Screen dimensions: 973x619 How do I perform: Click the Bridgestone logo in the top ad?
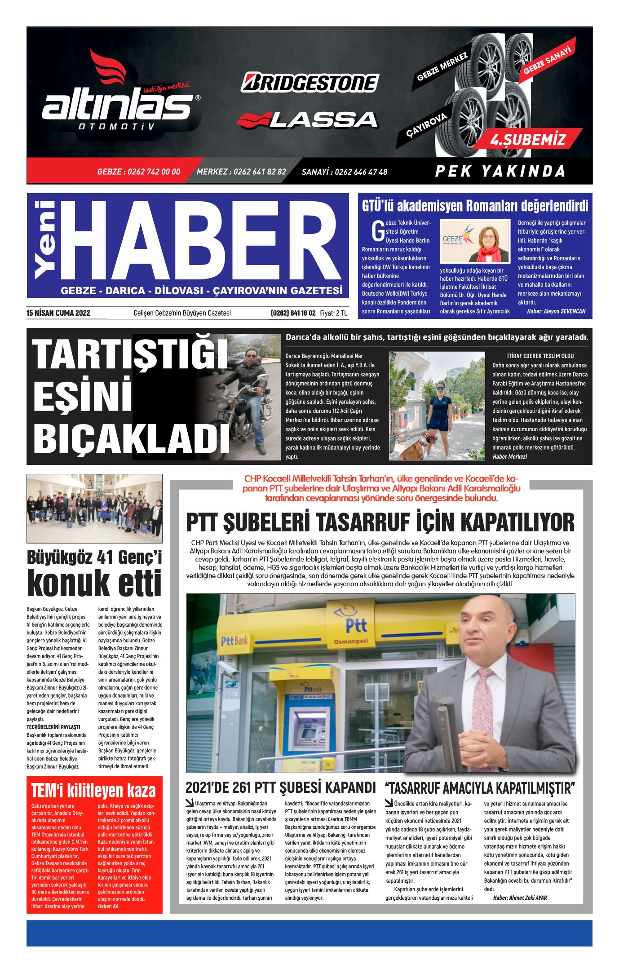coord(310,83)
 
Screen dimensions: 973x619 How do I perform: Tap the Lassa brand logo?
coord(307,119)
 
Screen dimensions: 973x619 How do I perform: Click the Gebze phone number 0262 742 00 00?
coord(138,172)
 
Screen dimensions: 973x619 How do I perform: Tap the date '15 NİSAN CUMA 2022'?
coord(58,313)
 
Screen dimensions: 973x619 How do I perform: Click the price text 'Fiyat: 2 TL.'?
coord(334,313)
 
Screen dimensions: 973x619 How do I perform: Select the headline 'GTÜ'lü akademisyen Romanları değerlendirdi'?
coord(475,206)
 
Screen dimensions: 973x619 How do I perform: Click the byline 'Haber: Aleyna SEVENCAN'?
coord(556,311)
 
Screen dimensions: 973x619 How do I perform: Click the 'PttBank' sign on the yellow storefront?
coord(234,640)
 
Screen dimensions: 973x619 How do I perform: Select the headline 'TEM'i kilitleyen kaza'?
coord(93,791)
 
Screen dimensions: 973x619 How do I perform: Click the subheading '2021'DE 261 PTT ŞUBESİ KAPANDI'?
coord(280,787)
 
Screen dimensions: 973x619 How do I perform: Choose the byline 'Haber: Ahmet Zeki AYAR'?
coord(520,898)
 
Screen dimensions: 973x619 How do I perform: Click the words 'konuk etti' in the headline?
coord(94,584)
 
